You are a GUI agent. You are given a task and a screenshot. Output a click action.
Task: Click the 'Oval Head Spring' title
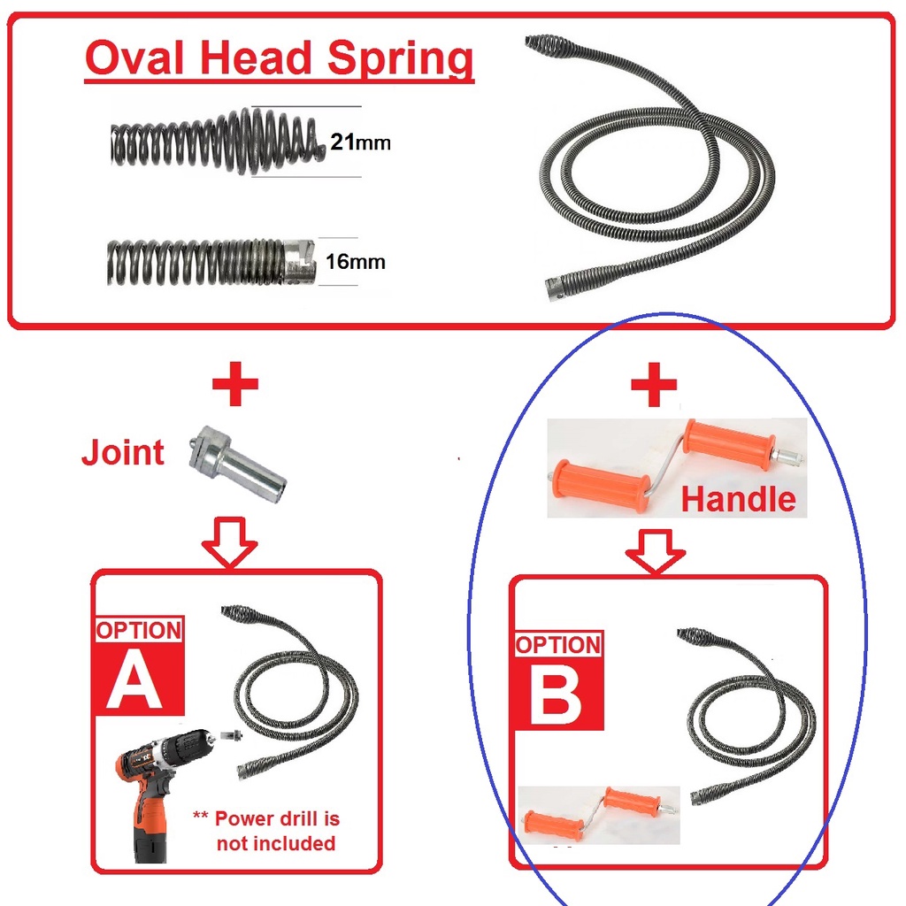tap(280, 60)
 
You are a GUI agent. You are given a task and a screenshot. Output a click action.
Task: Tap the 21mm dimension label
tap(359, 142)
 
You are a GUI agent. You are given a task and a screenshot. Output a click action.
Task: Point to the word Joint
tap(123, 452)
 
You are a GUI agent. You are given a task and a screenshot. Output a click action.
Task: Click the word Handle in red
tap(738, 500)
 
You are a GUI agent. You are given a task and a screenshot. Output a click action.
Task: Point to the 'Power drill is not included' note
tap(270, 831)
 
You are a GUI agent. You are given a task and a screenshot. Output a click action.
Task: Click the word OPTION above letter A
tap(139, 631)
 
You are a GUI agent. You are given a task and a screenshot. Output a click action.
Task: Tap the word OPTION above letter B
tap(558, 645)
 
